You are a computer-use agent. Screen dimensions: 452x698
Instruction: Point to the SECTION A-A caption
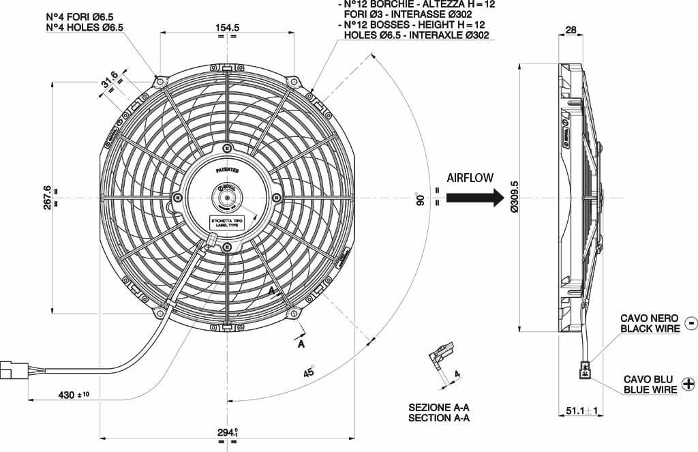coord(439,417)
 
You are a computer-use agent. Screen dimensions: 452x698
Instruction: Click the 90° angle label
coord(421,200)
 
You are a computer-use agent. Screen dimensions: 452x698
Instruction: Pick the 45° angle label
coord(309,372)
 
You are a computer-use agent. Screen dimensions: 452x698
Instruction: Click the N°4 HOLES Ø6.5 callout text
coord(85,27)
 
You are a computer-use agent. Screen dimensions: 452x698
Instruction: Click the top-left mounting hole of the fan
coord(160,82)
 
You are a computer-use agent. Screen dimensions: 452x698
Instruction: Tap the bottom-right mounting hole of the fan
coord(294,312)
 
